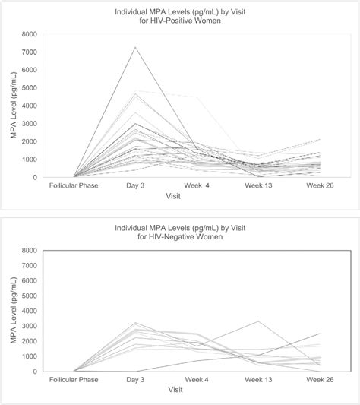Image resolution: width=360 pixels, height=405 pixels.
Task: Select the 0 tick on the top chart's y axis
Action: tap(33, 177)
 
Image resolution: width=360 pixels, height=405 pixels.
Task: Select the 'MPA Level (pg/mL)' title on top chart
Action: tap(13, 106)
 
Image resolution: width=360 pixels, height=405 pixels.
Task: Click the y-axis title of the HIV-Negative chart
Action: tap(13, 311)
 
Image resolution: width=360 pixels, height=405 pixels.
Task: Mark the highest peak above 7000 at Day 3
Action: tap(136, 47)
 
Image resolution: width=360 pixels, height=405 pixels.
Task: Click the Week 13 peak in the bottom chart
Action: tap(260, 321)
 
